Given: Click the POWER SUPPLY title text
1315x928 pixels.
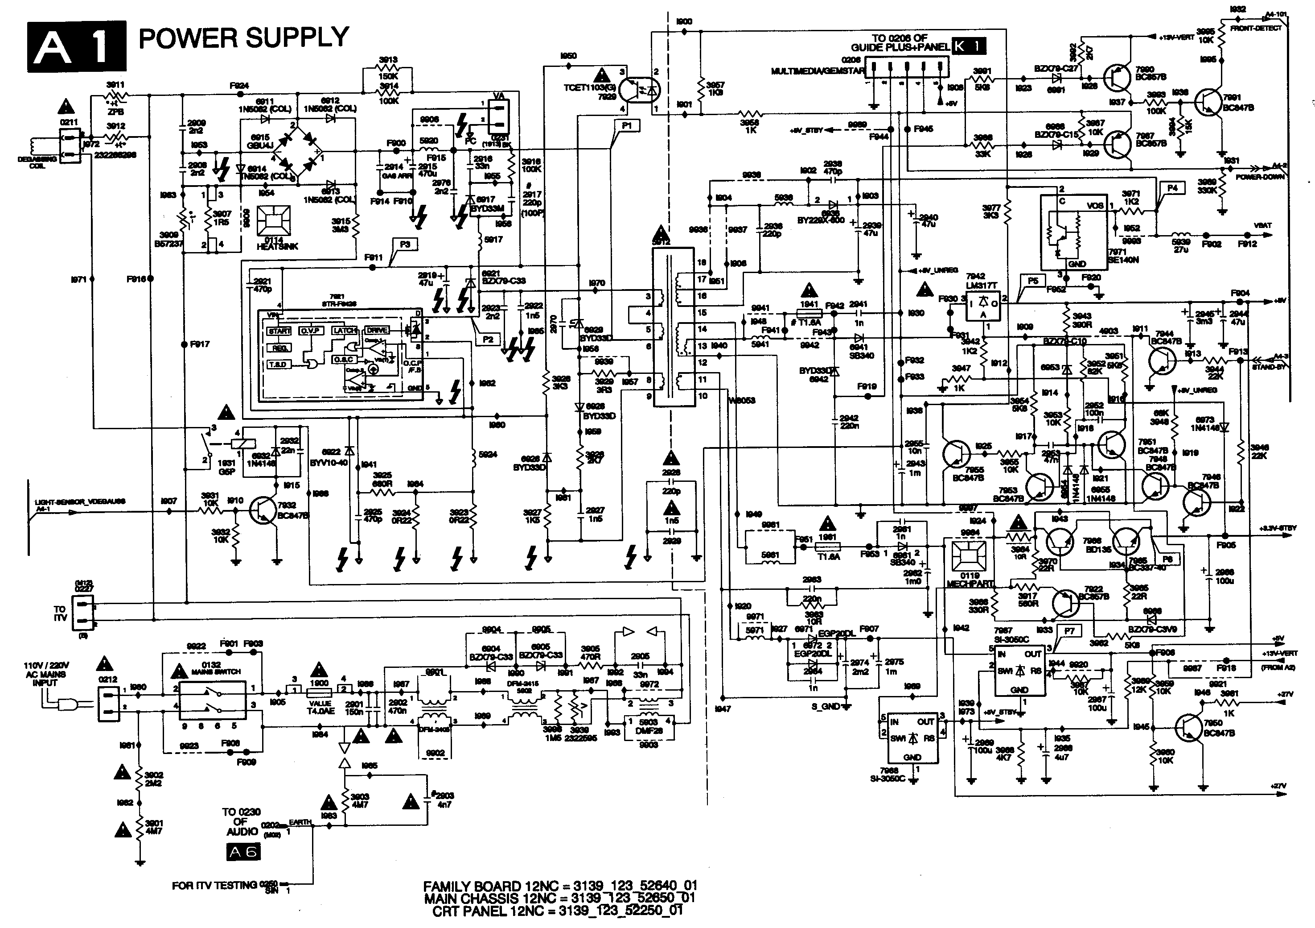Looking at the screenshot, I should [243, 38].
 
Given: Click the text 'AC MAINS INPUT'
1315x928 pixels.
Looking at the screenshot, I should [46, 674].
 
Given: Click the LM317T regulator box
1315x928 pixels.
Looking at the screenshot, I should [983, 306].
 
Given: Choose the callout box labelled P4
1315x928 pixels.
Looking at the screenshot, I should [1172, 187].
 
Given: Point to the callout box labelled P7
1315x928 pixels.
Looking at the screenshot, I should [1069, 631].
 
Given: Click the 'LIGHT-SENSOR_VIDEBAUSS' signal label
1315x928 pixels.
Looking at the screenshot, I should [80, 501].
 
